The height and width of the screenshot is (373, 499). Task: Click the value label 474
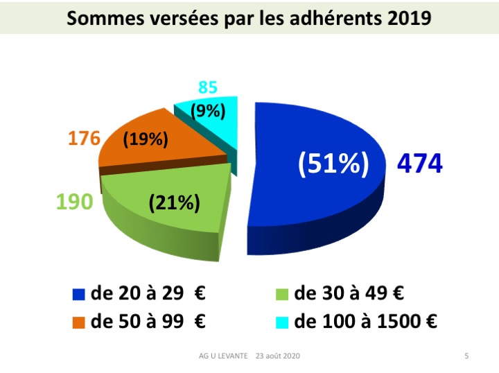419,164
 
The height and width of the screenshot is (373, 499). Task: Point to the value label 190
74,202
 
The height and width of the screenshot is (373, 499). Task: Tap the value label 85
207,88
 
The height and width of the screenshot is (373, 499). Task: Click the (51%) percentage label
333,164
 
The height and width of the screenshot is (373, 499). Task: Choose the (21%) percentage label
175,203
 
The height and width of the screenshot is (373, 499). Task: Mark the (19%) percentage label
146,139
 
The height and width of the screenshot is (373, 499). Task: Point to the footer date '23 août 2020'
278,356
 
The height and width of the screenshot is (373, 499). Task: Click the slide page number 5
466,356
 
